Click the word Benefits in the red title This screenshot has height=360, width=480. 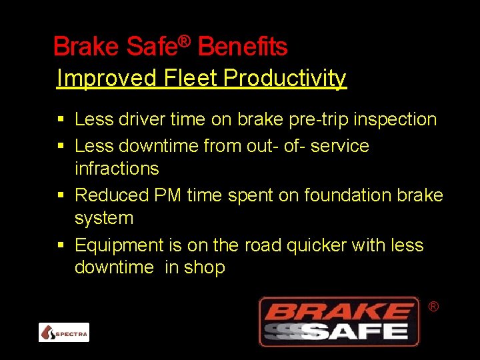(x=243, y=47)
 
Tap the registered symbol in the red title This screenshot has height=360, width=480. (x=185, y=41)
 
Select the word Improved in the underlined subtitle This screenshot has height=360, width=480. (x=105, y=78)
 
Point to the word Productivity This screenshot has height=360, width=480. (x=285, y=79)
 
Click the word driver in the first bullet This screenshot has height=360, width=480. (x=141, y=119)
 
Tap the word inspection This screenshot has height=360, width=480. (x=395, y=119)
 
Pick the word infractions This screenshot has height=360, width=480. (x=117, y=168)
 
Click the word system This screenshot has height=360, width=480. (x=104, y=218)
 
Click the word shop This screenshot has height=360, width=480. (x=205, y=268)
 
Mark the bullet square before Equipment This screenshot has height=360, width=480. (x=61, y=245)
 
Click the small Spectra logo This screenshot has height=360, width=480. (x=64, y=332)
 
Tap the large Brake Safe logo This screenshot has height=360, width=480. (x=339, y=321)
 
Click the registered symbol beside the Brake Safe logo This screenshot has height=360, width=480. (x=433, y=306)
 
